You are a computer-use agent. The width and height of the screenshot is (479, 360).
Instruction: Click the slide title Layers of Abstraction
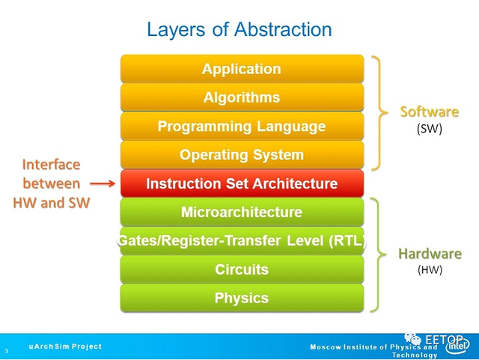[x=239, y=29]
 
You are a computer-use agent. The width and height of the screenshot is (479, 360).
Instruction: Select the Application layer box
[x=242, y=69]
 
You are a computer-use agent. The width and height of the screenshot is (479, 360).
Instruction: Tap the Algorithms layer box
[x=242, y=97]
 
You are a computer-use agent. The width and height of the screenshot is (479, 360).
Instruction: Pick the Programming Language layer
[x=242, y=126]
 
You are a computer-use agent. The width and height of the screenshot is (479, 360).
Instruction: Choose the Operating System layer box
[x=242, y=155]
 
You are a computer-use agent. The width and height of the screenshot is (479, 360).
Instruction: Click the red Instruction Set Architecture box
[x=242, y=183]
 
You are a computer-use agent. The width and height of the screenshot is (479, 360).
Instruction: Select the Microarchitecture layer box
[x=242, y=212]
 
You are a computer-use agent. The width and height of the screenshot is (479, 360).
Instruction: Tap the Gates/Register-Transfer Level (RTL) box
[x=242, y=240]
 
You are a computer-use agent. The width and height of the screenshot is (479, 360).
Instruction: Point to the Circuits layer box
[x=242, y=269]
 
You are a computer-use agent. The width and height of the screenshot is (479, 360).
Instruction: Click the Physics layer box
[x=242, y=298]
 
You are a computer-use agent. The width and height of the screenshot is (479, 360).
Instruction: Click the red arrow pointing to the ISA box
[x=101, y=183]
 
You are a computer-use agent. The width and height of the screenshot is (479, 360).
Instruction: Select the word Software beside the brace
[x=430, y=112]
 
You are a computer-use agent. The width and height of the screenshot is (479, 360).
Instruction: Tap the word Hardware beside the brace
[x=430, y=254]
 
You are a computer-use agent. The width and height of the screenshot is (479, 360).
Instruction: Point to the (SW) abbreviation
[x=430, y=128]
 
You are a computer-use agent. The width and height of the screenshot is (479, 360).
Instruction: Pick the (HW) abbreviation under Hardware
[x=430, y=270]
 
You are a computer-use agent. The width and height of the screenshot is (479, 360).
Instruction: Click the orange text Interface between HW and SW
[x=51, y=183]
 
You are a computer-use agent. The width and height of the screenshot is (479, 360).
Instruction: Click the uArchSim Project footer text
[x=65, y=347]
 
